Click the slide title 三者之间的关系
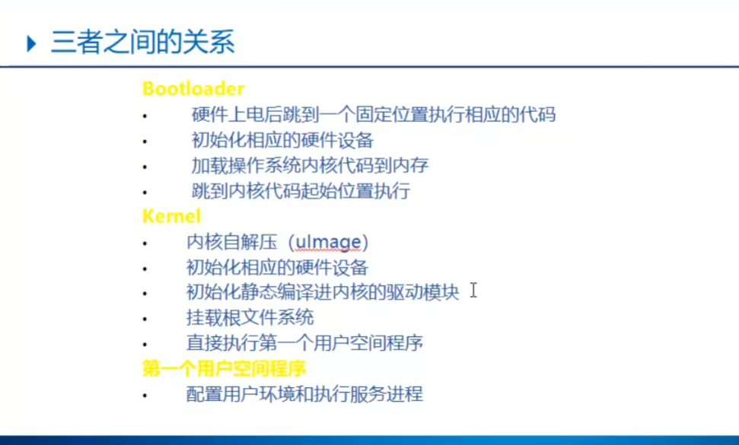[x=143, y=42]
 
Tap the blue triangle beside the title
[x=31, y=44]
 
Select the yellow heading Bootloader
[x=193, y=88]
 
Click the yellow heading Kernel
[x=171, y=216]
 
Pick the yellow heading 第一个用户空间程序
[x=224, y=368]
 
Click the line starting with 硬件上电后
[x=374, y=114]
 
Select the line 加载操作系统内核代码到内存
[x=310, y=165]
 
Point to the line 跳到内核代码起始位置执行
[x=301, y=191]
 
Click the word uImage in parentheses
[x=328, y=242]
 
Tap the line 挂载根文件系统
[x=250, y=317]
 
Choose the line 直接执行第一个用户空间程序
[x=305, y=343]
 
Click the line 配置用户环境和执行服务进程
[x=305, y=394]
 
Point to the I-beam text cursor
[x=473, y=290]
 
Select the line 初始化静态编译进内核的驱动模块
[x=323, y=292]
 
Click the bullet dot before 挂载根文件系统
[x=145, y=319]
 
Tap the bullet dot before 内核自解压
[x=145, y=243]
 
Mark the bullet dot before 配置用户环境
[x=145, y=396]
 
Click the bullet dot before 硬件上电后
[x=145, y=116]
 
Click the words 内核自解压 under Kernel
[x=232, y=242]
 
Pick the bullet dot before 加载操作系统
[x=145, y=167]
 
